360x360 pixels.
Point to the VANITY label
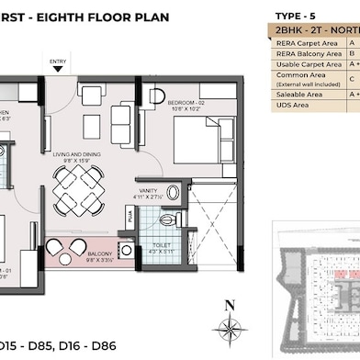tap(148, 189)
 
